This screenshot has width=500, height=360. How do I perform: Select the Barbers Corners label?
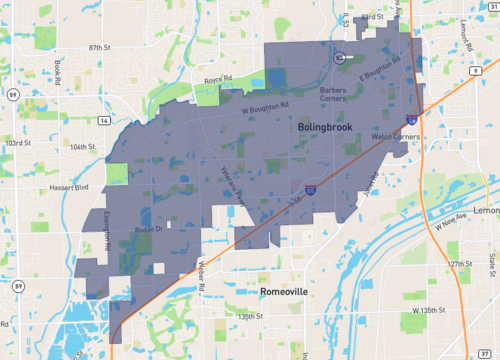(332, 94)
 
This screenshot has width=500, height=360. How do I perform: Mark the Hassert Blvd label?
(70, 187)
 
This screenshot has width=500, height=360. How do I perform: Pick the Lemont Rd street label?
(437, 37)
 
